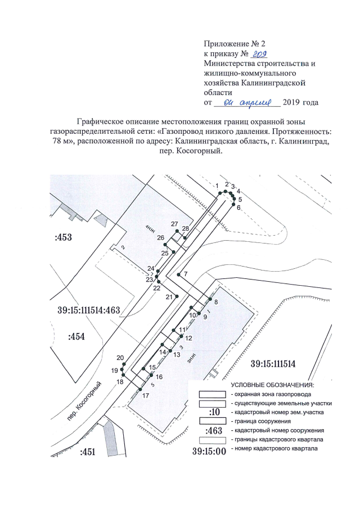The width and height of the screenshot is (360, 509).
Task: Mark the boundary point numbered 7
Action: point(178,274)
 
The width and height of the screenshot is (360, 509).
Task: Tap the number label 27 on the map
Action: point(174,224)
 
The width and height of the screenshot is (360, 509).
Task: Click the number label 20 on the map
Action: point(120,358)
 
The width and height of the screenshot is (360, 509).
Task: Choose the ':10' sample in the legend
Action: point(214,412)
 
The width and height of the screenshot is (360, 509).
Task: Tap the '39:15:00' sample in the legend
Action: point(209,450)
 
